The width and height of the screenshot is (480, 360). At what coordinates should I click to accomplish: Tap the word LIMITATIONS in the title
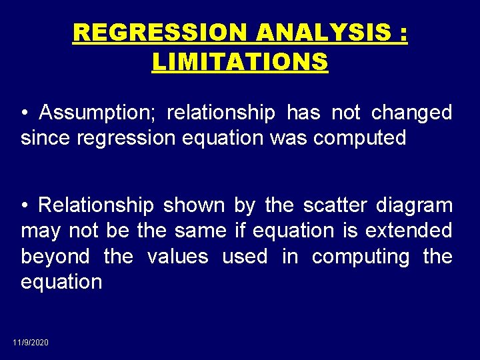tap(240, 62)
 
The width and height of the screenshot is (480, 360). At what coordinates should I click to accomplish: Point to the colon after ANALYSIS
tap(401, 33)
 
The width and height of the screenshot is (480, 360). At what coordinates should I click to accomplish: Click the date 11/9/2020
tap(31, 342)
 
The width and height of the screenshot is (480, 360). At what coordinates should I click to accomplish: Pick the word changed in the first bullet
tap(411, 113)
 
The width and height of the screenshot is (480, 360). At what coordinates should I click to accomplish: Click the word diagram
tap(414, 205)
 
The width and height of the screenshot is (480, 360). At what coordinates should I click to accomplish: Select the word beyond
tap(55, 257)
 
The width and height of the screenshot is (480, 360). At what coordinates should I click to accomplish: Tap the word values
tap(177, 257)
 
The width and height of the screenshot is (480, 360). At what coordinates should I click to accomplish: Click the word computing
tap(361, 257)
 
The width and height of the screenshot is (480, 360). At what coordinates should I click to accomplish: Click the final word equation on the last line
tap(61, 282)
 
